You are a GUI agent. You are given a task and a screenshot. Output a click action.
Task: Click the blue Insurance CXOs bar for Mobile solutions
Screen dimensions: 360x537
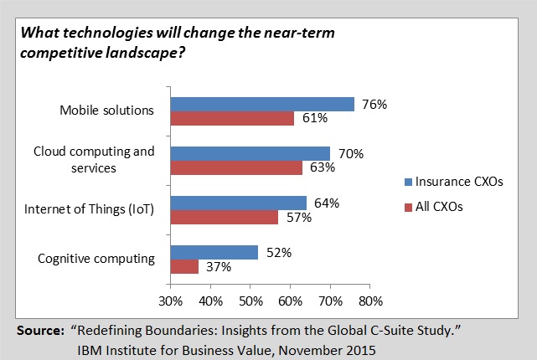(x=262, y=104)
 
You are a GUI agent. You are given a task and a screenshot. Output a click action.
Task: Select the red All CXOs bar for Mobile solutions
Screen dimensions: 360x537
(x=232, y=118)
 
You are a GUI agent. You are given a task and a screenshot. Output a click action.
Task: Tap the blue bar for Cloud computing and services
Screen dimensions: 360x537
(x=250, y=153)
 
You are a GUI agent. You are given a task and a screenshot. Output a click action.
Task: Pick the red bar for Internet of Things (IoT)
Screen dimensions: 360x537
(x=225, y=217)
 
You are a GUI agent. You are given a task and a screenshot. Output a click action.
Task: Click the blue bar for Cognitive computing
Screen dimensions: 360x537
(x=214, y=252)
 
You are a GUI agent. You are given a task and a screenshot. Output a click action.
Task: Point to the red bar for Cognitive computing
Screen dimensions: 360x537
(x=184, y=266)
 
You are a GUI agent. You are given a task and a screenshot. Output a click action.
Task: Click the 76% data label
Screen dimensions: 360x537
(x=374, y=104)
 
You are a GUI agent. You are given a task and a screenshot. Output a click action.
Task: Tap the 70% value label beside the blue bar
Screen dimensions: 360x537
(x=350, y=153)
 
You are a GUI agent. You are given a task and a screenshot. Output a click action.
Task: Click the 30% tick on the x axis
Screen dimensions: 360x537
(x=170, y=301)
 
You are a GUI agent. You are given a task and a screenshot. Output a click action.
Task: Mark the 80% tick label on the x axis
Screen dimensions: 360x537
(x=370, y=301)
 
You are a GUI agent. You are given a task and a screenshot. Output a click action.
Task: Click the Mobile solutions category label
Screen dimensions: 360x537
(x=107, y=111)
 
